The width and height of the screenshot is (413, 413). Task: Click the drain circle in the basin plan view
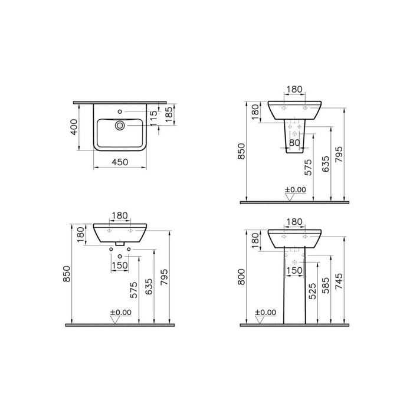pyautogui.click(x=120, y=124)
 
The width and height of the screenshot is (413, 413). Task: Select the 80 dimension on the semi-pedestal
pyautogui.click(x=294, y=142)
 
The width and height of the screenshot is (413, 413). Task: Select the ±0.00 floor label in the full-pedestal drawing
pyautogui.click(x=265, y=313)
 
